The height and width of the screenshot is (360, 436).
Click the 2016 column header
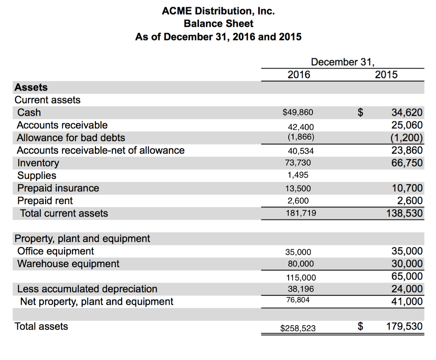[x=299, y=75]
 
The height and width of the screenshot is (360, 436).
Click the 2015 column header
[x=386, y=75]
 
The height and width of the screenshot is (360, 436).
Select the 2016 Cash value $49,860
[x=298, y=113]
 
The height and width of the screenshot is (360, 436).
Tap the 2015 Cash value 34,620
[x=407, y=113]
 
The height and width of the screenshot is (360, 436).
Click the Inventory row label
[x=38, y=163]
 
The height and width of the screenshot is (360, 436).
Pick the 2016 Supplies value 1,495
[x=298, y=175]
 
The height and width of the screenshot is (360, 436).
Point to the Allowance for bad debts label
[x=71, y=138]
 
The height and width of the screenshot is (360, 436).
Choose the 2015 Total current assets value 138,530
[x=404, y=213]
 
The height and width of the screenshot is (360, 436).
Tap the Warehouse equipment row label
[x=68, y=264]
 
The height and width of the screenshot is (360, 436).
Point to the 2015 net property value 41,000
[x=407, y=302]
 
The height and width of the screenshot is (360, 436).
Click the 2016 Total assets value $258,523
[x=298, y=328]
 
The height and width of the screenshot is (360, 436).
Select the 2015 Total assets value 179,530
[x=404, y=327]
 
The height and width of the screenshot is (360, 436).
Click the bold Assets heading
[x=31, y=88]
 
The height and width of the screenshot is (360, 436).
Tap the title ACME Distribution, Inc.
[x=218, y=11]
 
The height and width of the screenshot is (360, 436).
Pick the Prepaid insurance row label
[x=58, y=188]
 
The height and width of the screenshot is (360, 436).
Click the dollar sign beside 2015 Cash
[x=361, y=113]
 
